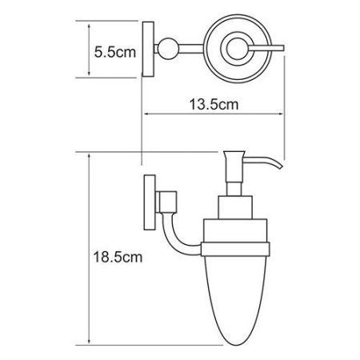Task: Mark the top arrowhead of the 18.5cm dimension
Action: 88,154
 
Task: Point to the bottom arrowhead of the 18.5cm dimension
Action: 88,346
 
